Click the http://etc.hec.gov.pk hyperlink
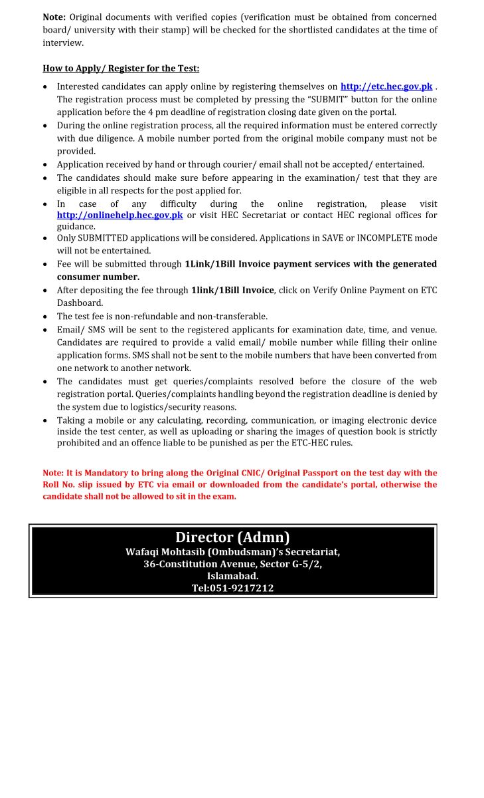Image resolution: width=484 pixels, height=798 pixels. (386, 86)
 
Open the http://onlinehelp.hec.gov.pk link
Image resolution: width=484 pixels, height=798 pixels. (120, 215)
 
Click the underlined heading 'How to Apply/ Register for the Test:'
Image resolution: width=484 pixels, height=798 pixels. (121, 68)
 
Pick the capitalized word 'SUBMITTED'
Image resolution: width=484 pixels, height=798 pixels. (108, 238)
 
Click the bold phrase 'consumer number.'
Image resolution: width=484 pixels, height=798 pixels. (98, 277)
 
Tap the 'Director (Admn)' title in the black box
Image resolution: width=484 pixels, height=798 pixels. (232, 537)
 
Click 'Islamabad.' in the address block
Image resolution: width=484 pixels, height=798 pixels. (232, 576)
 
